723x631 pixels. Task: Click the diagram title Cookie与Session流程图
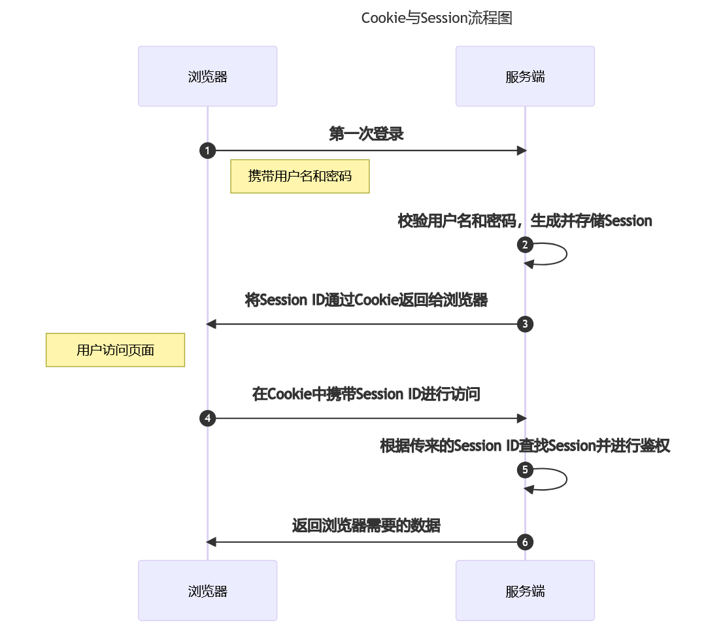pos(436,18)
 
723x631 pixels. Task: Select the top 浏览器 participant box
pos(207,77)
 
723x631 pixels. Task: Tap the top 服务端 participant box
pos(525,77)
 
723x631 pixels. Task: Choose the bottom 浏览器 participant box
pos(207,591)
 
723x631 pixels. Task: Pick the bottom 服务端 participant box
pos(525,591)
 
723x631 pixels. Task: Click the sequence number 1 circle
pos(207,151)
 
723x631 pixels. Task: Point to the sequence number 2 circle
pos(525,245)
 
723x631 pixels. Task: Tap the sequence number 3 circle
pos(525,324)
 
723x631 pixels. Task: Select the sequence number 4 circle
pos(207,418)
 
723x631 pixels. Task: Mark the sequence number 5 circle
pos(525,469)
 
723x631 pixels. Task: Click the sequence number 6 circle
pos(525,542)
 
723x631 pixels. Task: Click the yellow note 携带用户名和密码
pos(300,176)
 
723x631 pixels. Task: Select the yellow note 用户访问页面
pos(115,350)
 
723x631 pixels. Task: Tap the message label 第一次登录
pos(366,134)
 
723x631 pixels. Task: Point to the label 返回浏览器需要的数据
pos(366,526)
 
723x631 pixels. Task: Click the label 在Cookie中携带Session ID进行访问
pos(366,394)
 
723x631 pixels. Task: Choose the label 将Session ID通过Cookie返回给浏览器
pos(366,300)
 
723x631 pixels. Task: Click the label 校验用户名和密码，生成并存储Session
pos(525,221)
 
